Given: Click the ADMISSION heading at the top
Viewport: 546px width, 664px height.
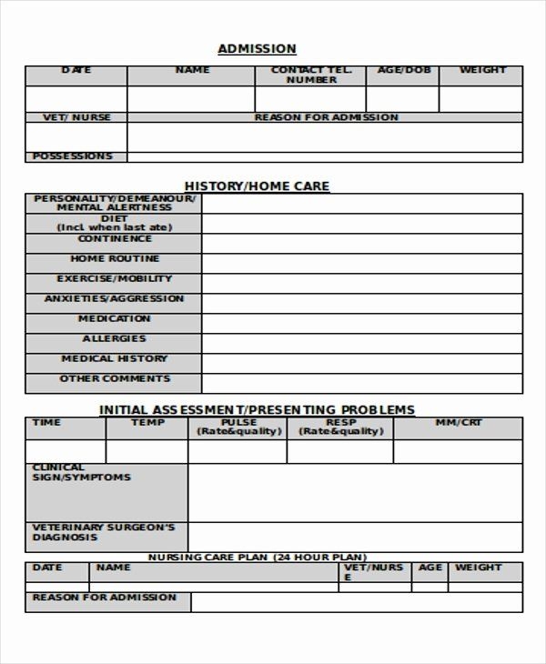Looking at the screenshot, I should pyautogui.click(x=257, y=49).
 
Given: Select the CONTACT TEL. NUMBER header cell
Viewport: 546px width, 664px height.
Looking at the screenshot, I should pyautogui.click(x=310, y=75).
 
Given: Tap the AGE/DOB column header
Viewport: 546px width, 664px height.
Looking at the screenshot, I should pyautogui.click(x=402, y=70).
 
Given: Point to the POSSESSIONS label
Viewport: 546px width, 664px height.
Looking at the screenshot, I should pyautogui.click(x=73, y=156).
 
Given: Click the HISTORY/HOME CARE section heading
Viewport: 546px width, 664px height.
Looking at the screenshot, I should pyautogui.click(x=257, y=186).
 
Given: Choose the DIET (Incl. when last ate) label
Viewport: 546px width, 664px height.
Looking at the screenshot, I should pyautogui.click(x=114, y=223).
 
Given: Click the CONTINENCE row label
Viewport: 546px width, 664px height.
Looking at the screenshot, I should pyautogui.click(x=115, y=239).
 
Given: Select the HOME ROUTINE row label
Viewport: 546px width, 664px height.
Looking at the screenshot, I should pyautogui.click(x=115, y=259).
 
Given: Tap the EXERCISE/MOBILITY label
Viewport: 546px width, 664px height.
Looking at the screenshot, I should pyautogui.click(x=115, y=279).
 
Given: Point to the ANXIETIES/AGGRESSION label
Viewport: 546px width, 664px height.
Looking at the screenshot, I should pyautogui.click(x=114, y=299).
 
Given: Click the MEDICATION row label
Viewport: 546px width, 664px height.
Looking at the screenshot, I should pyautogui.click(x=115, y=319).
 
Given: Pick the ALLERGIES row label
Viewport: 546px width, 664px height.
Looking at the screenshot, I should pyautogui.click(x=115, y=339).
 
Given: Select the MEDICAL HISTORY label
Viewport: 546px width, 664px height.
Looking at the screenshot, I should pyautogui.click(x=115, y=359).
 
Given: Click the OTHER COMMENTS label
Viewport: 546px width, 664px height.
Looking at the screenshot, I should pyautogui.click(x=115, y=379).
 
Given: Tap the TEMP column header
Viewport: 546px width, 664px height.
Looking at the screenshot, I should pyautogui.click(x=147, y=423).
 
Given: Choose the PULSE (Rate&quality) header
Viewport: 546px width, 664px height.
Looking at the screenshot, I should pyautogui.click(x=237, y=428).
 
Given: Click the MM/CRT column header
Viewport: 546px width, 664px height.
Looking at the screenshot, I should pyautogui.click(x=459, y=423).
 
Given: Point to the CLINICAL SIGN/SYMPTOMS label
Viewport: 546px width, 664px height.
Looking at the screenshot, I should pyautogui.click(x=82, y=473).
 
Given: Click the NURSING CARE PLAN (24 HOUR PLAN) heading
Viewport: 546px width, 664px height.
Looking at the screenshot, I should pyautogui.click(x=257, y=557).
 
